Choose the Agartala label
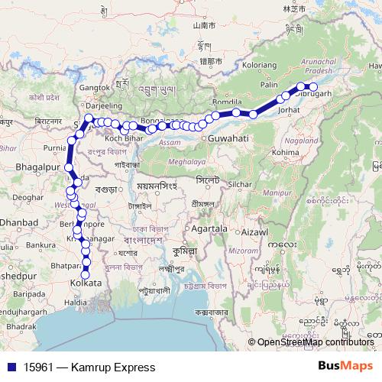[211, 228]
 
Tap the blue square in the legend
[11, 367]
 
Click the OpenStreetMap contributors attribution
[316, 342]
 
